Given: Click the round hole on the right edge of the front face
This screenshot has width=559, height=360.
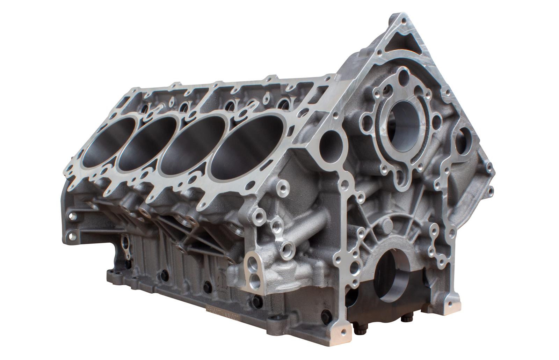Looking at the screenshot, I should pos(465,135).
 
